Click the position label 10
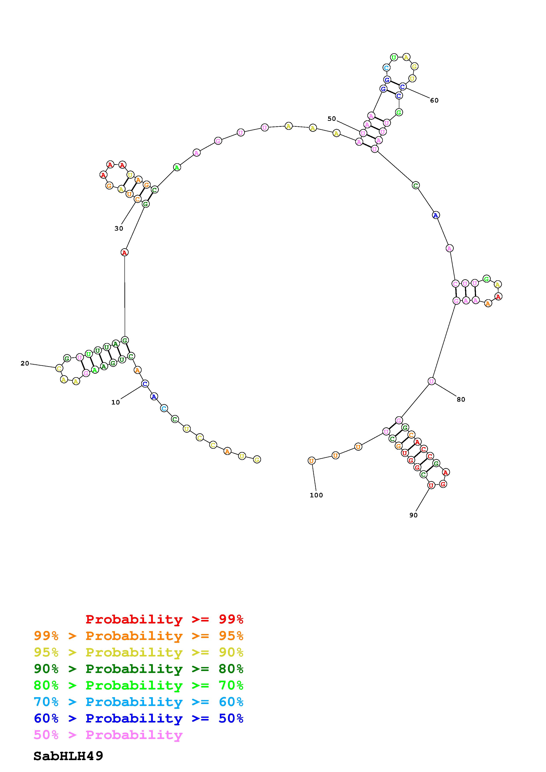[x=115, y=402]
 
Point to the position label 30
[x=119, y=228]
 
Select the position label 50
[x=332, y=118]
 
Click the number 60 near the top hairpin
[x=434, y=100]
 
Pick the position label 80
[x=461, y=399]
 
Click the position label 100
[x=316, y=495]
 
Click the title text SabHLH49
[x=68, y=756]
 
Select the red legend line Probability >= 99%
[x=165, y=619]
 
